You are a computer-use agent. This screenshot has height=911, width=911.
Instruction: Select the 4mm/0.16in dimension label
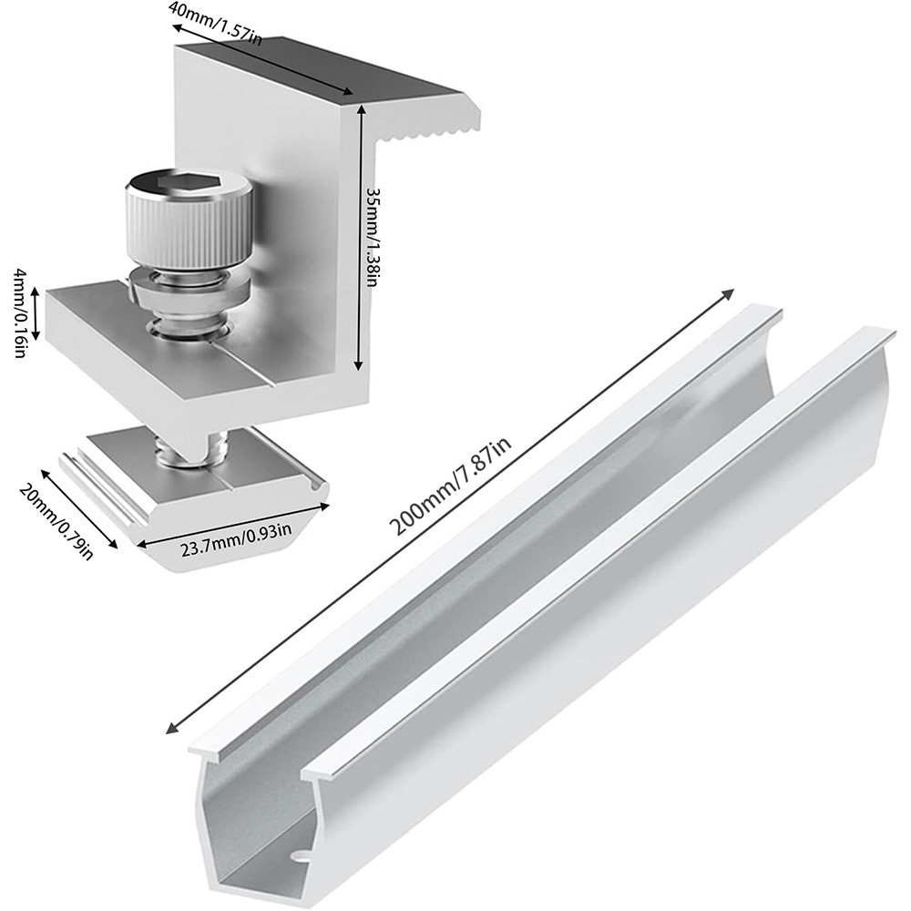(20, 312)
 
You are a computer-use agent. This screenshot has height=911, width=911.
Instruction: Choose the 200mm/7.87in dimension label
(450, 486)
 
